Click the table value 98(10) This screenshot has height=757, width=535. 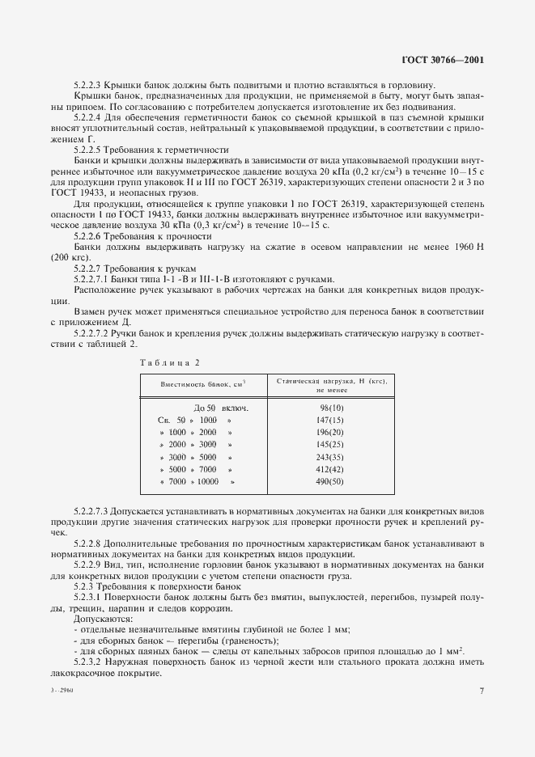[x=332, y=408]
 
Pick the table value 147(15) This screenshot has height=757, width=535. [x=332, y=421]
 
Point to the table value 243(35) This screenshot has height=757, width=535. [x=332, y=457]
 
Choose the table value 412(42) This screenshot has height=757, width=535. [x=332, y=469]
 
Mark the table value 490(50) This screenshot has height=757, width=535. [x=332, y=482]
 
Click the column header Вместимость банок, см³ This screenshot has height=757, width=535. [x=202, y=384]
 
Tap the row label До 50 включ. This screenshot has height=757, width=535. [x=221, y=408]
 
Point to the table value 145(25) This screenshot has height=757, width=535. [x=332, y=445]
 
